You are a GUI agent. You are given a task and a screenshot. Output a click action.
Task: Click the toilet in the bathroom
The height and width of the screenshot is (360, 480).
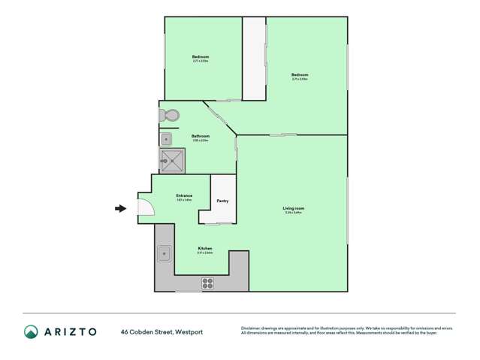(168, 116)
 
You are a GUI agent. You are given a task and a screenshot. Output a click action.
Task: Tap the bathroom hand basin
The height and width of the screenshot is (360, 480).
(166, 139)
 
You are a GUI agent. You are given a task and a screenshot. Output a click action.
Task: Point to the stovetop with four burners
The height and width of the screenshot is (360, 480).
(208, 283)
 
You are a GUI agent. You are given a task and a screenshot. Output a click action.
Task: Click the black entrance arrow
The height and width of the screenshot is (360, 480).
(120, 208)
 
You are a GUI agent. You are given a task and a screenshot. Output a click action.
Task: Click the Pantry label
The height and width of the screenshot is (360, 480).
(222, 201)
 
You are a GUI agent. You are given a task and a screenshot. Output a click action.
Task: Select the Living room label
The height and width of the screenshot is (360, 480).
(293, 208)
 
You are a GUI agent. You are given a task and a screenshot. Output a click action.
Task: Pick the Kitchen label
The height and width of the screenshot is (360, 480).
(204, 248)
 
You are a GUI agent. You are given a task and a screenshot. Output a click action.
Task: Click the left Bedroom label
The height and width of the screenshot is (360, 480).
(200, 57)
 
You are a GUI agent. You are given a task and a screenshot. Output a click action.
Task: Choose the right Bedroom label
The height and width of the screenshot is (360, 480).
(300, 74)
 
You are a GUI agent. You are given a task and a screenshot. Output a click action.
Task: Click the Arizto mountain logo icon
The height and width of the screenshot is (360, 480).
(32, 331)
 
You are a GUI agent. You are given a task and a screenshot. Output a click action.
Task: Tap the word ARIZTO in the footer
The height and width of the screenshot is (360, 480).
(70, 331)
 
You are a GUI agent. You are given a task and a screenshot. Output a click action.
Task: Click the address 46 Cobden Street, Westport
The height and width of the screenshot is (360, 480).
(162, 331)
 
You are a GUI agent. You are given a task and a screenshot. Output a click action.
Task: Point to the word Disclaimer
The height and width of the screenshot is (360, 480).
(251, 328)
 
